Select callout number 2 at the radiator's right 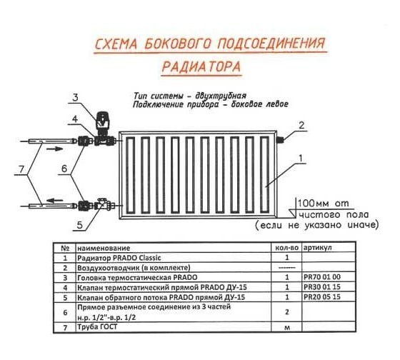point(301,125)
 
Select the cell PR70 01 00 point(322,276)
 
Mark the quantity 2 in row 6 point(286,311)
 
